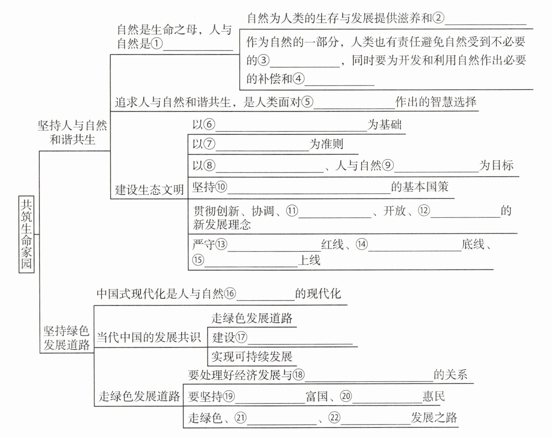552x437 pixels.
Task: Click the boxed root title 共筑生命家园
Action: [26, 235]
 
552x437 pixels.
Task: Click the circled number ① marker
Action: [157, 43]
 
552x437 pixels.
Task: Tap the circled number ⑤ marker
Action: [307, 102]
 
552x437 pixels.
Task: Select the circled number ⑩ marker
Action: [221, 187]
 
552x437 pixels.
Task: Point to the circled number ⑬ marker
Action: [221, 245]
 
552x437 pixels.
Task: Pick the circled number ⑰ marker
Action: [241, 337]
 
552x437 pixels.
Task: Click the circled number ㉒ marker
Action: [334, 418]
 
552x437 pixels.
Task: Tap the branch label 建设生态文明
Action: [149, 190]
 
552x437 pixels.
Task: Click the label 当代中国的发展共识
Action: [149, 337]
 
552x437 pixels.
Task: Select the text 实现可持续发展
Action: [252, 357]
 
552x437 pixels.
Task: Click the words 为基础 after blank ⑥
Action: [384, 125]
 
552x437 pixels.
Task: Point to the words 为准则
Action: [326, 144]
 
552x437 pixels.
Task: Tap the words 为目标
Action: [496, 165]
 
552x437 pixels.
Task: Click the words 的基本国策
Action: [420, 187]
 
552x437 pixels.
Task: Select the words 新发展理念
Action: [222, 225]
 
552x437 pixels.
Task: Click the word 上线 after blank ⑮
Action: [309, 260]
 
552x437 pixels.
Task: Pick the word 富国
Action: [317, 396]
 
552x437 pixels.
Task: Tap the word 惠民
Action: [434, 396]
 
